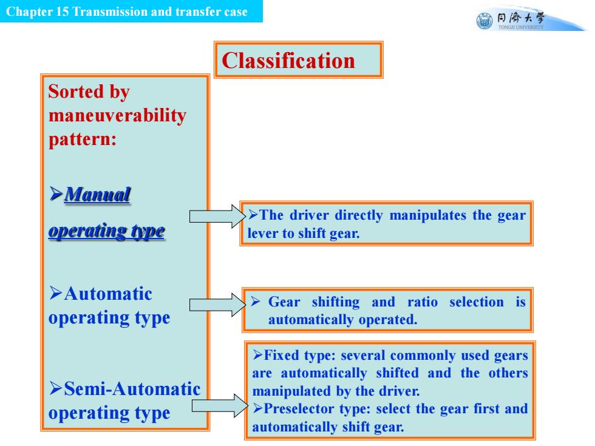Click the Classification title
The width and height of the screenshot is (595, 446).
pos(288,61)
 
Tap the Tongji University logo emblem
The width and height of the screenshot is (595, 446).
pos(484,21)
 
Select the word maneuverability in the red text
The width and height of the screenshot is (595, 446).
pos(117,116)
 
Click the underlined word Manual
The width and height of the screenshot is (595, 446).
pos(98,194)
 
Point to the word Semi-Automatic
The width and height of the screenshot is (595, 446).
pos(132,389)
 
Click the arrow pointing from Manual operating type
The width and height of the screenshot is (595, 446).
pos(218,216)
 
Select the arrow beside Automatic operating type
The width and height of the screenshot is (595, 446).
pos(218,305)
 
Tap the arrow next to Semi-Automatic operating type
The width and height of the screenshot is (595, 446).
pos(220,406)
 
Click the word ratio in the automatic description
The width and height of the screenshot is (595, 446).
pos(423,302)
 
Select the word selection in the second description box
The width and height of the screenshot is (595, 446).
pos(477,302)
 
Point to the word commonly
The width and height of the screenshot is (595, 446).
pos(423,356)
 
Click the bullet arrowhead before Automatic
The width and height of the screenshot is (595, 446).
pos(55,293)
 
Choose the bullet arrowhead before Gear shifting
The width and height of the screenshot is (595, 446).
pos(256,302)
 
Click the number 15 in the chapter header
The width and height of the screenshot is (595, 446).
pos(62,12)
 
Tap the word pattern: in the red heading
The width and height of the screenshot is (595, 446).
pos(83,140)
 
